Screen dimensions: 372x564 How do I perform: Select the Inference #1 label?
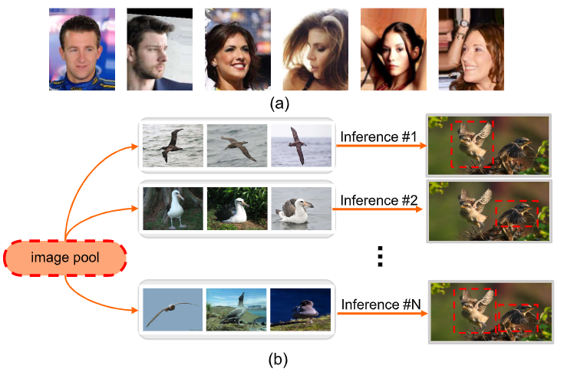click(x=378, y=137)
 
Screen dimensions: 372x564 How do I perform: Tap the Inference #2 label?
click(x=378, y=201)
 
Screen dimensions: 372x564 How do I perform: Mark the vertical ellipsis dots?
click(x=378, y=255)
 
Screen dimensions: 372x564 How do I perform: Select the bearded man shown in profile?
click(x=159, y=49)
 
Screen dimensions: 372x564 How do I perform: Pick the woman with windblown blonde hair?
click(x=315, y=49)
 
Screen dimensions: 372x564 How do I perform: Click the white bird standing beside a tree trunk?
click(x=173, y=208)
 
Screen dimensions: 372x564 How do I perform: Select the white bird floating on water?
click(x=301, y=208)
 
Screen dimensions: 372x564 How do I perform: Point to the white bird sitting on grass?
click(x=236, y=208)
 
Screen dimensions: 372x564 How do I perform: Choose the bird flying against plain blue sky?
click(x=173, y=310)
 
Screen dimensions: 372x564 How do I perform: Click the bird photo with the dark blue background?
click(x=301, y=310)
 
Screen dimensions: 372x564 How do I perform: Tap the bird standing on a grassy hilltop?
click(x=236, y=310)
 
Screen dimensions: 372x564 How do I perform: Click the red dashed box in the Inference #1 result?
click(x=472, y=144)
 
